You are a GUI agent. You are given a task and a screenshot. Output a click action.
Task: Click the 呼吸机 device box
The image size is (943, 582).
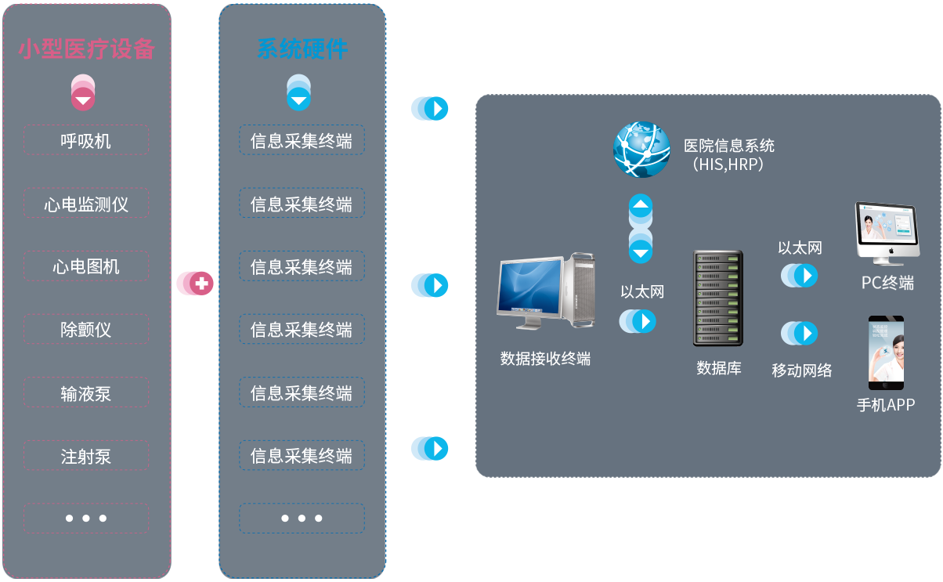pos(86,141)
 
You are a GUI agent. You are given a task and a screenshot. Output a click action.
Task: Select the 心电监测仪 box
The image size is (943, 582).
pos(86,204)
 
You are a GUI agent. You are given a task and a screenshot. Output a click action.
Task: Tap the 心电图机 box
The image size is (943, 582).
pos(86,267)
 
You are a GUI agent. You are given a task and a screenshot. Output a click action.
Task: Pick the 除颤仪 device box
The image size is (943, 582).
pos(86,330)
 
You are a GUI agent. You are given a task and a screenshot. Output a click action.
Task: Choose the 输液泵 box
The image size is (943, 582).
pos(86,393)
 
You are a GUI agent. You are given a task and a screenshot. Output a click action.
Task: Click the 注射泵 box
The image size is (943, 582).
pos(86,456)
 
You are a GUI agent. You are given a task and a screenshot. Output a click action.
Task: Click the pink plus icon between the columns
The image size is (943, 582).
pos(201,284)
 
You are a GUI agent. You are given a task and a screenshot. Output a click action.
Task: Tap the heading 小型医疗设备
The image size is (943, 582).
pos(86,49)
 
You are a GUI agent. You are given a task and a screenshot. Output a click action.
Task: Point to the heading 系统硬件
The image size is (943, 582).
pos(302,49)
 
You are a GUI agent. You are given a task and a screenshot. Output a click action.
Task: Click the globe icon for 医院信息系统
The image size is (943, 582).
pos(641,149)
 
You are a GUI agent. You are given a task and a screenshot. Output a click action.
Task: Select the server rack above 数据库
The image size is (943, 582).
pos(717,298)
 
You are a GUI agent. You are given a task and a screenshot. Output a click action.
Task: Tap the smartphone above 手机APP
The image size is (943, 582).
pos(886,352)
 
